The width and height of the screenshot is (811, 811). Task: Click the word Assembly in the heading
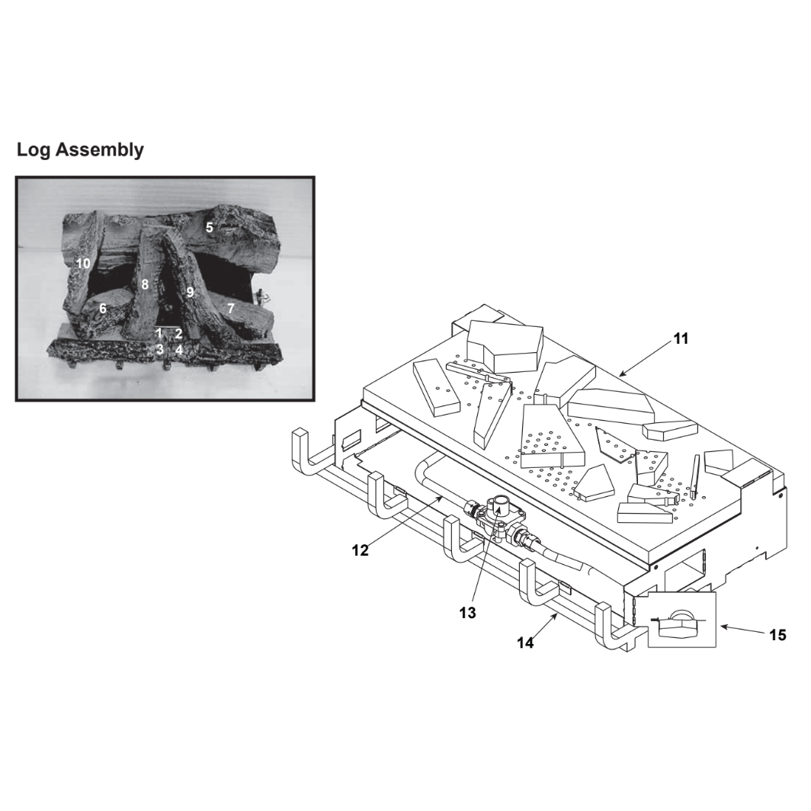pos(100,150)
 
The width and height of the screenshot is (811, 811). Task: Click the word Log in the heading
pos(34,150)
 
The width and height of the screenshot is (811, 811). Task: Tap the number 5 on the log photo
pos(210,227)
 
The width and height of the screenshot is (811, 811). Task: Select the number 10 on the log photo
pos(83,264)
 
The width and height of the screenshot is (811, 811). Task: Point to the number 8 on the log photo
pos(145,284)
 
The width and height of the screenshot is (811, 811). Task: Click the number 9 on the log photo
pos(191,292)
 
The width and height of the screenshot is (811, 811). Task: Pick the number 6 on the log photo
pos(103,309)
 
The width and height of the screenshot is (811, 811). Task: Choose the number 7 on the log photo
pos(231,309)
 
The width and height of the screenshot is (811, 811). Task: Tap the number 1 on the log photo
pos(159,334)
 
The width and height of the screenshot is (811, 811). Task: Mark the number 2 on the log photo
pos(178,334)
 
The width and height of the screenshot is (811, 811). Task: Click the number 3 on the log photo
pos(160,350)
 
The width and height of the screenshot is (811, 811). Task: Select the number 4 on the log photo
pos(179,350)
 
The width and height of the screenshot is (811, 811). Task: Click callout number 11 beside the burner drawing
pos(681,338)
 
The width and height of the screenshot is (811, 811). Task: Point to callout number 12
pos(360,550)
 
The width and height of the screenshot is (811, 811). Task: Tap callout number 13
pos(467,613)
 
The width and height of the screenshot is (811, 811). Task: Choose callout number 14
pos(525,643)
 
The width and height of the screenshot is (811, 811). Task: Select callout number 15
pos(778,635)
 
